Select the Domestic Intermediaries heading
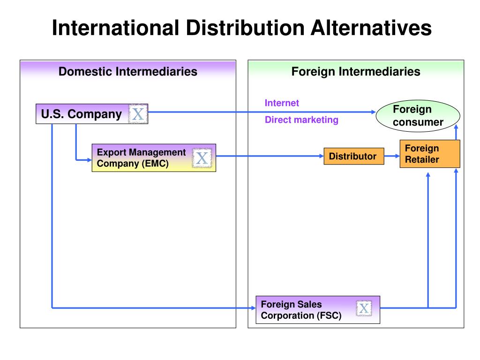click(127, 72)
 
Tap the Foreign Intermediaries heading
click(355, 72)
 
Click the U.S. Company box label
click(81, 114)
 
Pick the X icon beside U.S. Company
click(138, 114)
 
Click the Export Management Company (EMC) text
click(141, 158)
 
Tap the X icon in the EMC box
click(202, 158)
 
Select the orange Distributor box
click(353, 156)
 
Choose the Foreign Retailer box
click(429, 154)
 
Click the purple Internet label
click(282, 103)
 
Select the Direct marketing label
click(301, 120)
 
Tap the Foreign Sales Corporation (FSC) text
click(301, 310)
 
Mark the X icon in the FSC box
click(364, 308)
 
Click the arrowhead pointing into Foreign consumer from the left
click(373, 112)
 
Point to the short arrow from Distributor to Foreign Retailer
click(392, 156)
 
